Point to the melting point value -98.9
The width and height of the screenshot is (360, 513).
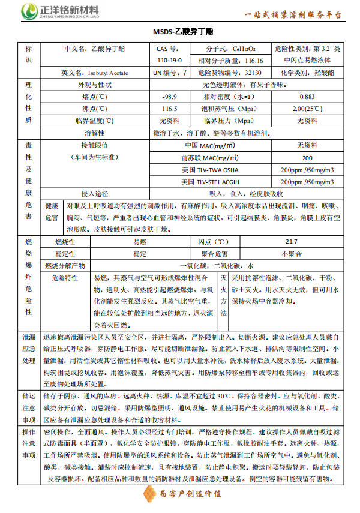pyautogui.click(x=170, y=97)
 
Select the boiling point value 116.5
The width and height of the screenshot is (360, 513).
pyautogui.click(x=170, y=109)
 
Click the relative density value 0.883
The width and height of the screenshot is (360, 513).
pyautogui.click(x=307, y=97)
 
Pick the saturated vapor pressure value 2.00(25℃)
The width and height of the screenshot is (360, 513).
pyautogui.click(x=307, y=109)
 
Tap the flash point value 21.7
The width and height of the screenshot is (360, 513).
pyautogui.click(x=291, y=241)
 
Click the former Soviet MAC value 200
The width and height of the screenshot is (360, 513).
pyautogui.click(x=307, y=158)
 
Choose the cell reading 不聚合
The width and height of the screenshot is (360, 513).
pyautogui.click(x=291, y=253)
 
